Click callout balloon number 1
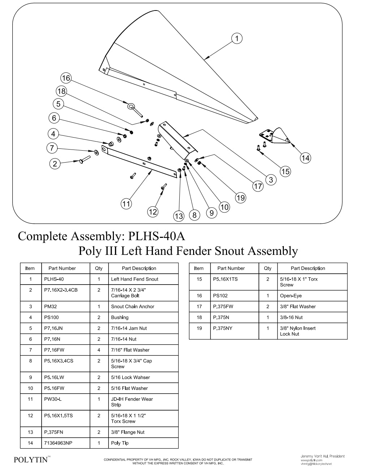(x=236, y=38)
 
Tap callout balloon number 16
(x=66, y=78)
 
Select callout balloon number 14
(x=305, y=158)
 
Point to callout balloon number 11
(x=126, y=204)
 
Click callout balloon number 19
(x=240, y=198)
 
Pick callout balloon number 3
(x=271, y=180)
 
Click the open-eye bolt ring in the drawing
(x=131, y=106)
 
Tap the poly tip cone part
(x=280, y=136)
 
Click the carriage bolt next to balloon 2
(x=83, y=159)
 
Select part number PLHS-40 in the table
(x=54, y=279)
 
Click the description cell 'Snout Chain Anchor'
(x=133, y=307)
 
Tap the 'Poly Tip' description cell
(x=120, y=443)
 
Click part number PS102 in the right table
(x=220, y=296)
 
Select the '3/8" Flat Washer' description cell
(x=298, y=307)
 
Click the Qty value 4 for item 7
(x=99, y=350)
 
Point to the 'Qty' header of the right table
(x=268, y=268)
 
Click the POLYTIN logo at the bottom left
(x=31, y=460)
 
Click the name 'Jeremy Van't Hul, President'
(x=323, y=456)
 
